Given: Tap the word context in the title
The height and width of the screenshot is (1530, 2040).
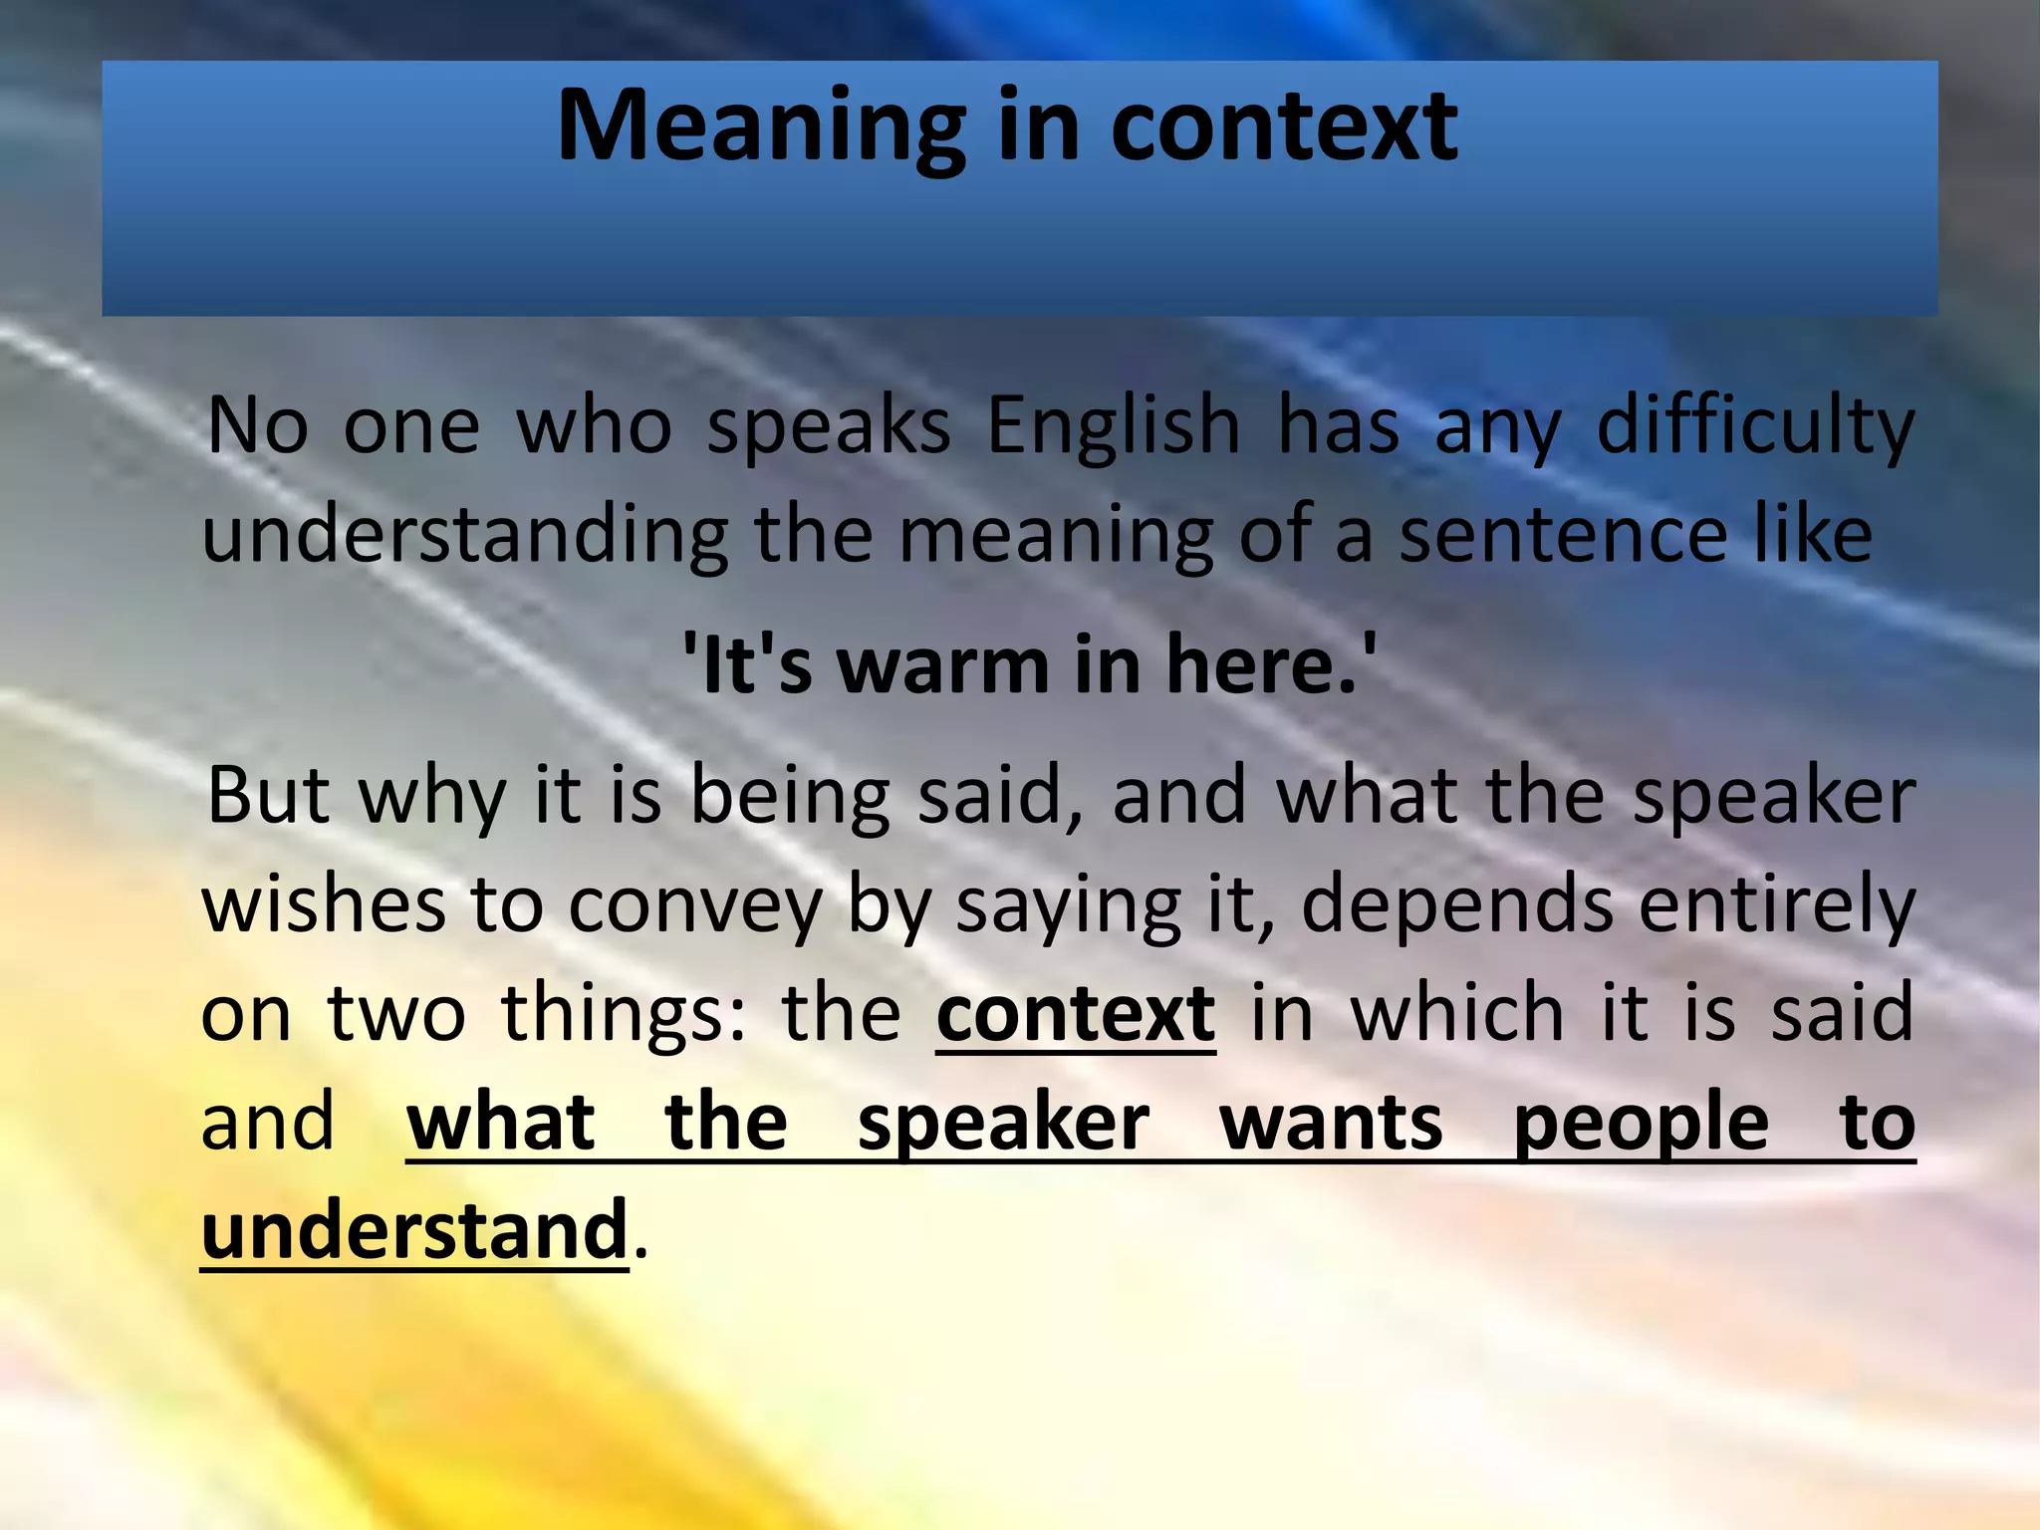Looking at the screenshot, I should point(1284,127).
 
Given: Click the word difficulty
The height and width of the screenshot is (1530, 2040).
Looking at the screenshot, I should point(1755,426).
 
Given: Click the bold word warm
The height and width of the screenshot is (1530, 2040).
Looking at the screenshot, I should point(943,665).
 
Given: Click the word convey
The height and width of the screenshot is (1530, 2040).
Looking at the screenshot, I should point(695,904).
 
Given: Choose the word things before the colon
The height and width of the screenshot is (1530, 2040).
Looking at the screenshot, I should point(616,1014).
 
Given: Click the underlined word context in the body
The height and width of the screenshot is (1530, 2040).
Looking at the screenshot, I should point(1076,1014).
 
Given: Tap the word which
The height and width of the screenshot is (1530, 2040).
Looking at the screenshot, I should point(1457,1014).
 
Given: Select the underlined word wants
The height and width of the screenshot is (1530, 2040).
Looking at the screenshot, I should point(1331,1124).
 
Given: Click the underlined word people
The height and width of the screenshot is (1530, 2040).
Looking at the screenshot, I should point(1641,1124).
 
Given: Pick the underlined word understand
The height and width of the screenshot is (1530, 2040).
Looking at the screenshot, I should point(414,1231).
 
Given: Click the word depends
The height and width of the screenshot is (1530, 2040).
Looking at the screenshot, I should point(1457,904).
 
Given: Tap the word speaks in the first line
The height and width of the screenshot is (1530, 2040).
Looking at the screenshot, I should point(829,426).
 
